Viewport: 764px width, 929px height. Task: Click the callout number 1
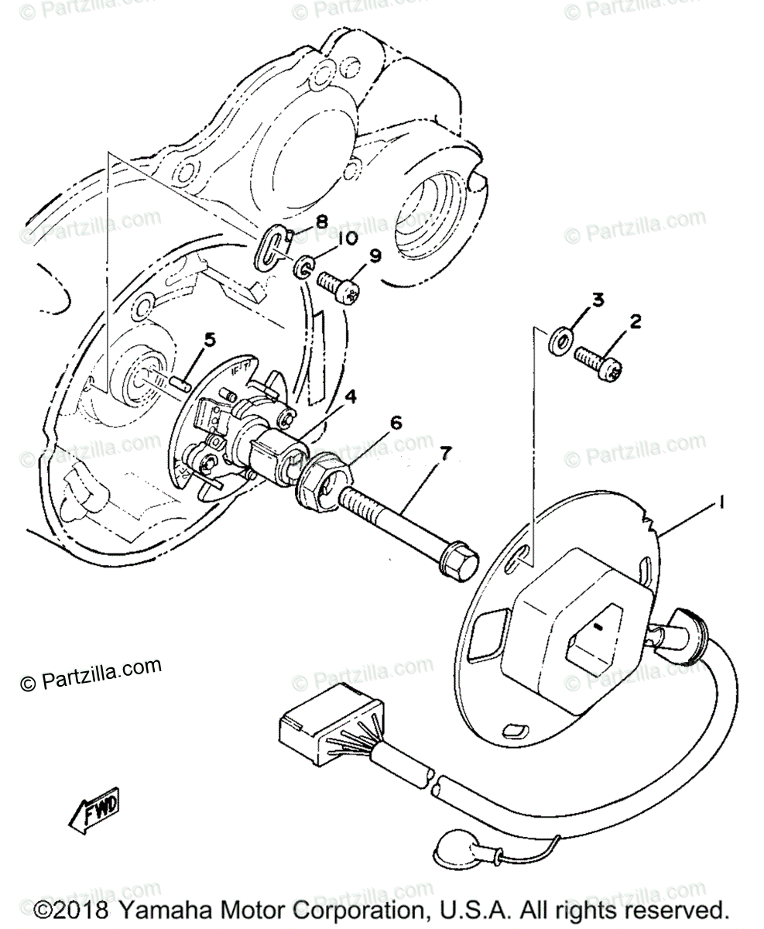(721, 503)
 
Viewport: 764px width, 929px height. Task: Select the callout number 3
(597, 300)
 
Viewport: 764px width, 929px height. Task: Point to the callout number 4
(351, 397)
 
